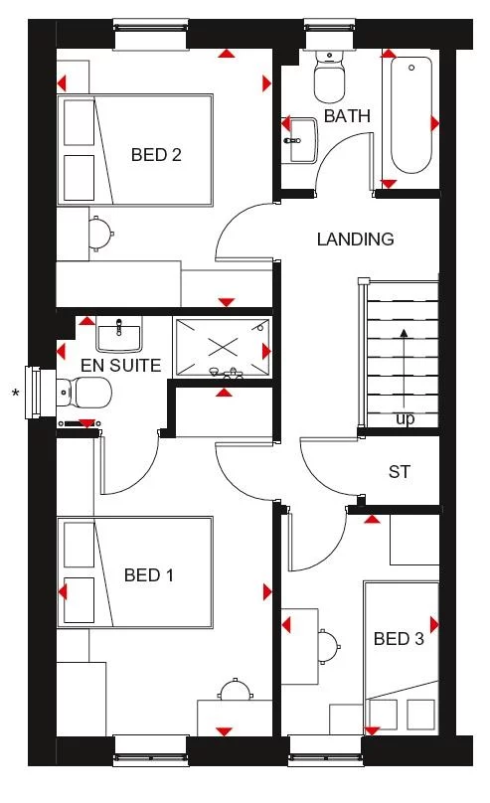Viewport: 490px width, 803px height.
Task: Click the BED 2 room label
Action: click(155, 155)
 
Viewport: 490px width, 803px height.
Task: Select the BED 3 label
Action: click(399, 639)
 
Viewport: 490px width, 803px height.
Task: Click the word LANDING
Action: click(355, 239)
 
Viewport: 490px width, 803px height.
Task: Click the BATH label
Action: click(347, 116)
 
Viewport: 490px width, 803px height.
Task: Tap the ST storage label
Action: click(400, 472)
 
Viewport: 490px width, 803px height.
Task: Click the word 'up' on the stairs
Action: click(406, 419)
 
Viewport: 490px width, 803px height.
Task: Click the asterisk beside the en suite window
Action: click(15, 395)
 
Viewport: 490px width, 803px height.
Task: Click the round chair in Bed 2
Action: click(99, 233)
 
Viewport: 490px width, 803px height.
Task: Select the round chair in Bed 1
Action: click(235, 690)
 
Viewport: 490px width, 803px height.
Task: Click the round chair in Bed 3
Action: click(327, 645)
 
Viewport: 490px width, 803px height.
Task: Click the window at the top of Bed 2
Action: click(152, 35)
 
